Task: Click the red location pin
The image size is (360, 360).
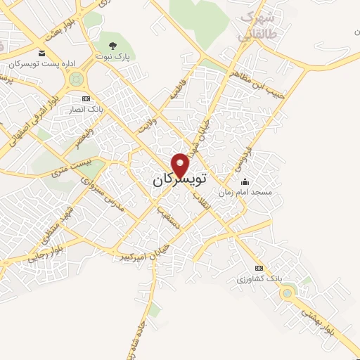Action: click(x=181, y=165)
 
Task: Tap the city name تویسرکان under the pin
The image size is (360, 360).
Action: click(x=179, y=180)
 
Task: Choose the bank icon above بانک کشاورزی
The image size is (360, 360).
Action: click(x=259, y=269)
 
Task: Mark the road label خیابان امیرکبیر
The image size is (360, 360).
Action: click(x=145, y=254)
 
